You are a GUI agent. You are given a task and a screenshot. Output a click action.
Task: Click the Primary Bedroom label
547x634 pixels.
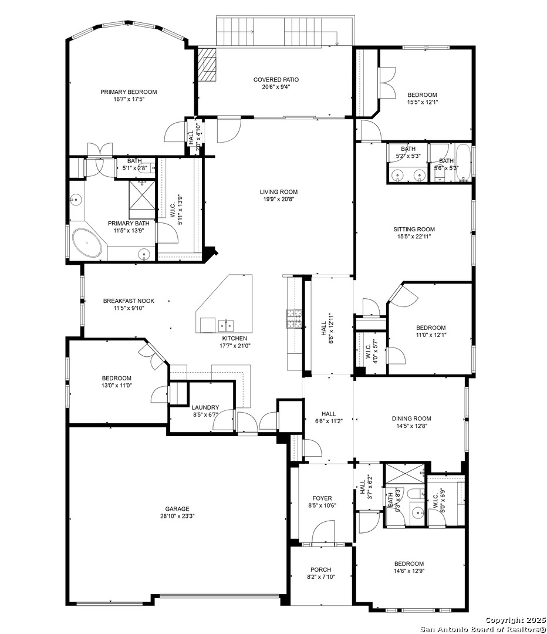129,92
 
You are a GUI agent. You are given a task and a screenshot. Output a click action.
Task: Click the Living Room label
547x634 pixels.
278,191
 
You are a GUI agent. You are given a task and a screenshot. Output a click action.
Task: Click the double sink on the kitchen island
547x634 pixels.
225,325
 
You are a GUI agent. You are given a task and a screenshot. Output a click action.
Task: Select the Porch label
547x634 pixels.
320,569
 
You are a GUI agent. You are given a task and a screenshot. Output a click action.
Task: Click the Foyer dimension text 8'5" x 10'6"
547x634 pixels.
322,505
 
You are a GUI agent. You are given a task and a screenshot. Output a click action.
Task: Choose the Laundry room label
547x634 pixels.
205,407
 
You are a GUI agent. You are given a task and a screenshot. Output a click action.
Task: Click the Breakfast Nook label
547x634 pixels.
129,301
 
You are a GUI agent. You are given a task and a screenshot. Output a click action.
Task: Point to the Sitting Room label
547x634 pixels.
414,230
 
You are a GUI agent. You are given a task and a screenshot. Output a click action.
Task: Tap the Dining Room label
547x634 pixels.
411,419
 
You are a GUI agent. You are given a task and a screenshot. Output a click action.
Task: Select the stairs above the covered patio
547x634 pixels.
285,31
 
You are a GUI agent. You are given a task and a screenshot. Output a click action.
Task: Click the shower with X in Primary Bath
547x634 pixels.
143,195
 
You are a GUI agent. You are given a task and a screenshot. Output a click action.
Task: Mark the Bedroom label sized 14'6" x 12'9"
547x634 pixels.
409,564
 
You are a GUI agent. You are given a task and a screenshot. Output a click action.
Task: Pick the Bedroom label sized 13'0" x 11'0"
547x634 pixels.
116,378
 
